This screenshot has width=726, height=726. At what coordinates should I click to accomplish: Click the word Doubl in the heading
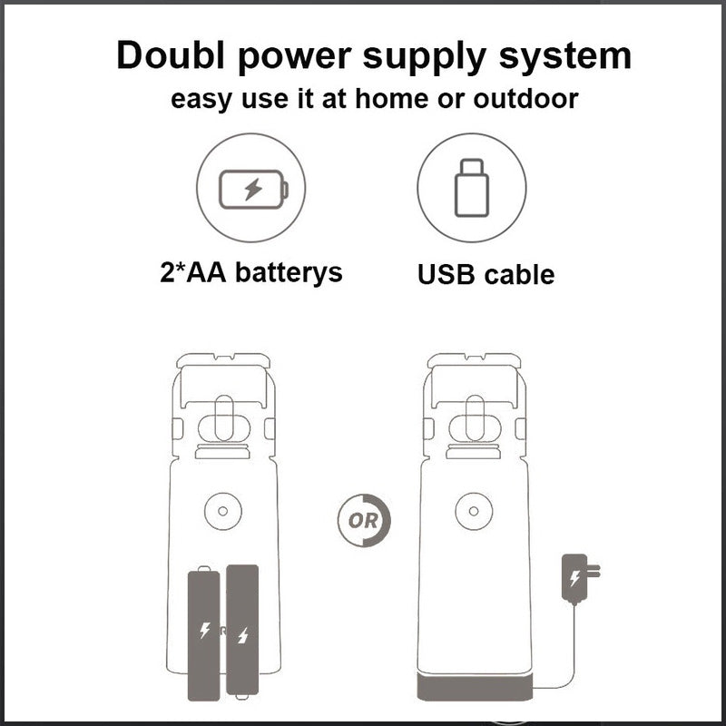(171, 55)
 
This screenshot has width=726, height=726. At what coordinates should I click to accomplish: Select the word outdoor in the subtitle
(525, 98)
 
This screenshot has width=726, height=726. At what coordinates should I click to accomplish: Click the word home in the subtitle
(392, 98)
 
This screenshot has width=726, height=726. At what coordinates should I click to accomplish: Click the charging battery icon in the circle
(253, 190)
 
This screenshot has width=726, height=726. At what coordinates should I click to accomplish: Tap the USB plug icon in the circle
(471, 188)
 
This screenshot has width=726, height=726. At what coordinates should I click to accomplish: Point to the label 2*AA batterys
(251, 271)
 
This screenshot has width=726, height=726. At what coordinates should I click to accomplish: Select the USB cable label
(486, 274)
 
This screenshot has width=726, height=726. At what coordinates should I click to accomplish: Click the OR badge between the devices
(364, 520)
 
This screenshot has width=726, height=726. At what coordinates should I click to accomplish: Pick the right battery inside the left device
(242, 632)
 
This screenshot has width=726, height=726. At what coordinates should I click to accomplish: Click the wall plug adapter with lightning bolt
(580, 579)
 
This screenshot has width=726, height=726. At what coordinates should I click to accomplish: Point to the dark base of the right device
(475, 687)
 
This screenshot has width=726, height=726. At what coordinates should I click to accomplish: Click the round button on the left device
(222, 511)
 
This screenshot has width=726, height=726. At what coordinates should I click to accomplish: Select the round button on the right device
(474, 511)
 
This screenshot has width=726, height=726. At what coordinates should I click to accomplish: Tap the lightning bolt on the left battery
(204, 630)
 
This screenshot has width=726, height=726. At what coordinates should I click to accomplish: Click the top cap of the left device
(223, 360)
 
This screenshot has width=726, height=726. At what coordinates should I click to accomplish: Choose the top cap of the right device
(474, 360)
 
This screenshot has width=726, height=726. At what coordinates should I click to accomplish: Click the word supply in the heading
(424, 57)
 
